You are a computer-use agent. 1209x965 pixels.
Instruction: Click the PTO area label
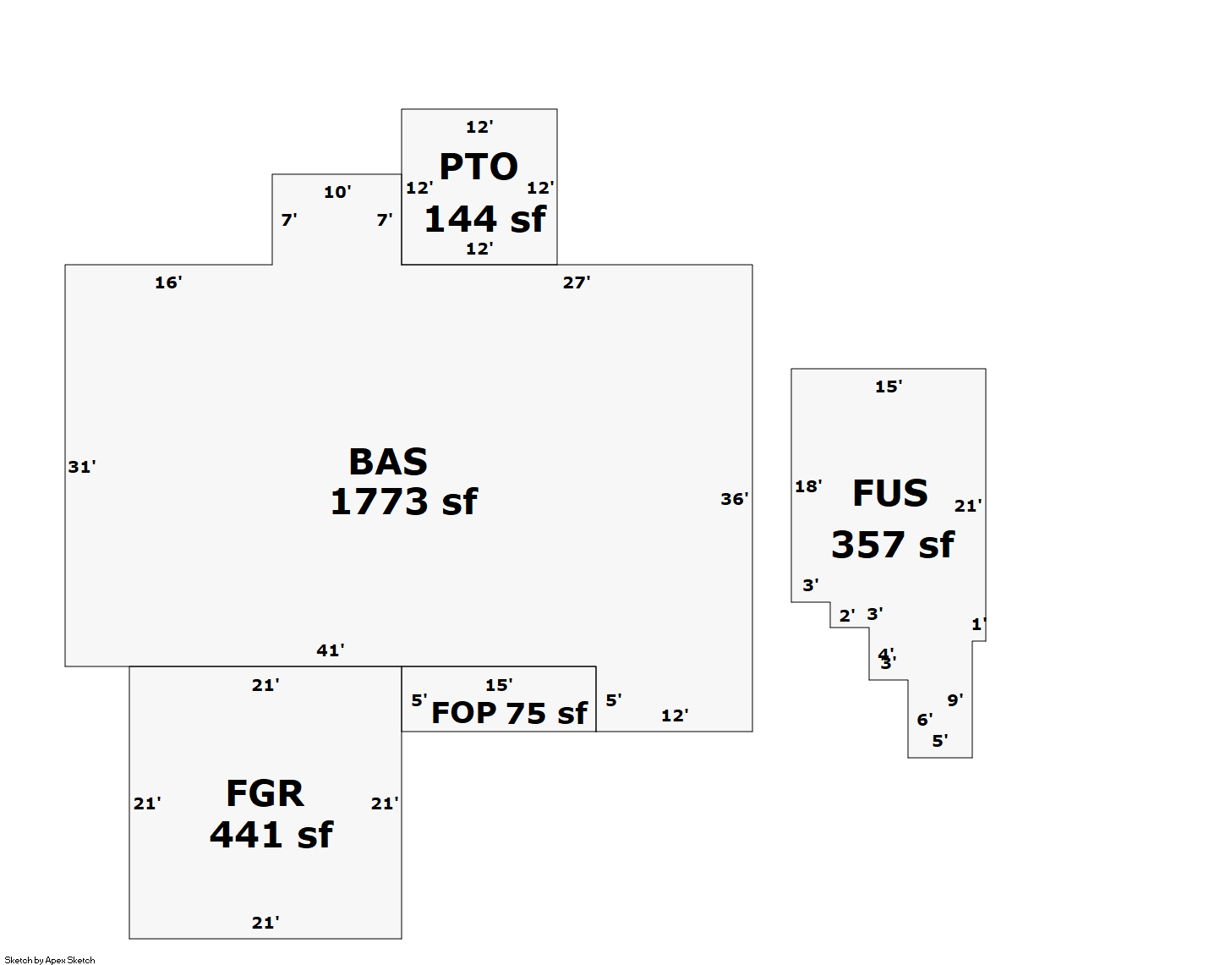point(479,167)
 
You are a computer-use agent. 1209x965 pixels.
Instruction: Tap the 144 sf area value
point(484,219)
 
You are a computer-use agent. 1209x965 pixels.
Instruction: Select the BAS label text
point(388,462)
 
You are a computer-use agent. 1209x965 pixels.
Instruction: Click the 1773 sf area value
point(403,502)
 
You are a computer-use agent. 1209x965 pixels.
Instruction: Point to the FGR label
point(265,793)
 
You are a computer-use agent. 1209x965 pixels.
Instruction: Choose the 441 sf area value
point(271,835)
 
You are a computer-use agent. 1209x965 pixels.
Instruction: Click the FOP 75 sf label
point(509,713)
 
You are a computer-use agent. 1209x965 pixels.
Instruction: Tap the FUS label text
point(889,493)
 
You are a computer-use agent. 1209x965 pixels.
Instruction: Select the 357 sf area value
point(892,545)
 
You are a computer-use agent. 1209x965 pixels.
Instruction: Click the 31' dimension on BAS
point(82,467)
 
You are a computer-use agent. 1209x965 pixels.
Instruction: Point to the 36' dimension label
point(734,499)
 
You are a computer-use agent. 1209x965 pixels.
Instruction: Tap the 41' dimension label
point(331,650)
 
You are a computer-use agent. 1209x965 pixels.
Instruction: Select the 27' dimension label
point(577,282)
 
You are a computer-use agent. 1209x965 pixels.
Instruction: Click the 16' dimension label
point(168,282)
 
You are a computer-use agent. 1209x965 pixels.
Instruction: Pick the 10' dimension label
point(337,192)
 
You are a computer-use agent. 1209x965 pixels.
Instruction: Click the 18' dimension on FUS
point(808,486)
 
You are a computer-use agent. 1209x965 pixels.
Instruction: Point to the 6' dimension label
point(925,720)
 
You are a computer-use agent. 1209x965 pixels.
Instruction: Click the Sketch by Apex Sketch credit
point(50,960)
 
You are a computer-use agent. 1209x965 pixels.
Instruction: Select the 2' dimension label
point(847,616)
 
